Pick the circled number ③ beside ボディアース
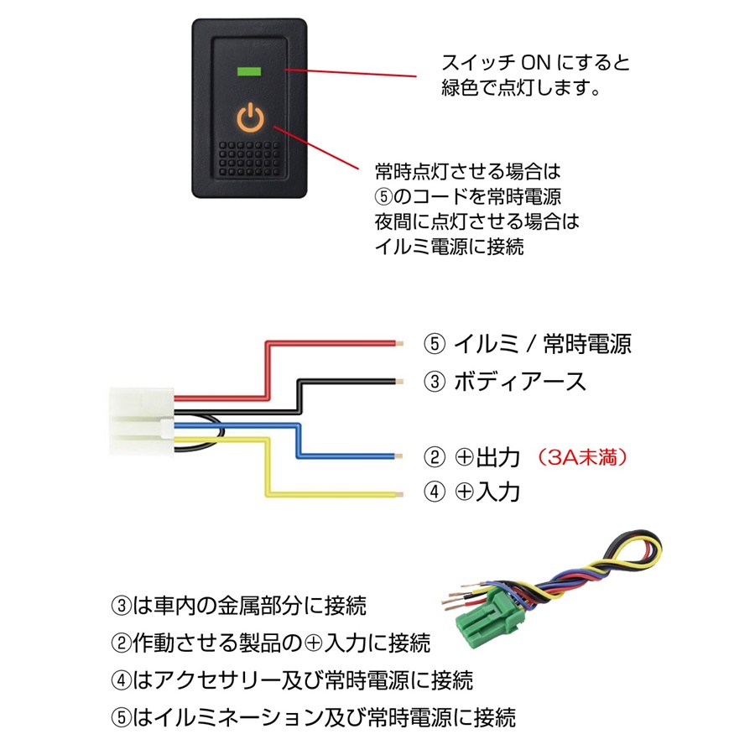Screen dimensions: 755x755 pyautogui.click(x=433, y=382)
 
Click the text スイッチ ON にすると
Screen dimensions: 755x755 pyautogui.click(x=534, y=63)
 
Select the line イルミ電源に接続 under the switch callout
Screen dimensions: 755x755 pyautogui.click(x=449, y=247)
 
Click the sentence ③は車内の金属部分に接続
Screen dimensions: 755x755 pyautogui.click(x=238, y=605)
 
